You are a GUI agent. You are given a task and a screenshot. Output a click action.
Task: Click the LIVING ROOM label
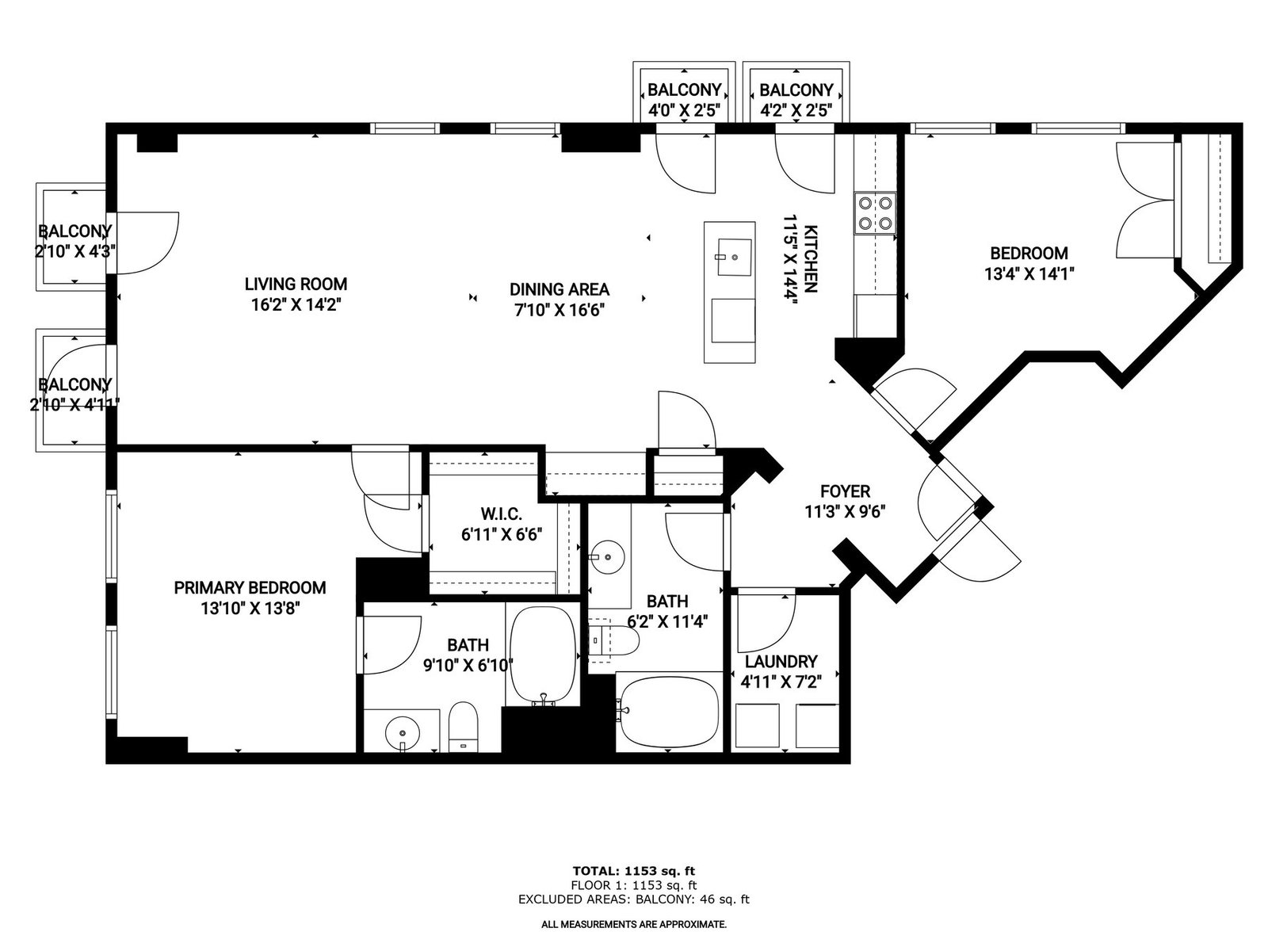coord(296,284)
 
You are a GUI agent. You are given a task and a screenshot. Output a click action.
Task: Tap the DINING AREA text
coord(560,289)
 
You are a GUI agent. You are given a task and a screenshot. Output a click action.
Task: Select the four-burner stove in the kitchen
coord(875,212)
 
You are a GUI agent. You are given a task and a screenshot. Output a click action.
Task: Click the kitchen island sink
coord(734,257)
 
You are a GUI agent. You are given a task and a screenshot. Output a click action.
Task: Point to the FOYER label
coord(845,491)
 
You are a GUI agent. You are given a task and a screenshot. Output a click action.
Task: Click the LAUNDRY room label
coord(781,662)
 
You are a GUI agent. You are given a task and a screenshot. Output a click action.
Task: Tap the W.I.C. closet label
coord(502,514)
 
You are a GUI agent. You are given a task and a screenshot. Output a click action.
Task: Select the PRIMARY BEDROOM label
coord(250,588)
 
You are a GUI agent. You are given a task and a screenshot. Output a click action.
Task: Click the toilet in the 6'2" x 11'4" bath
coord(614,640)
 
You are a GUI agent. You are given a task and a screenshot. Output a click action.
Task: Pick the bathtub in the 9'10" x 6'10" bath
coord(542,655)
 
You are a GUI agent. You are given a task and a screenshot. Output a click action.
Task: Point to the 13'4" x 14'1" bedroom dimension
coord(1029,273)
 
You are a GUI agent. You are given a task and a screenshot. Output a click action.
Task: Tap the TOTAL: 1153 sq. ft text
coord(634,871)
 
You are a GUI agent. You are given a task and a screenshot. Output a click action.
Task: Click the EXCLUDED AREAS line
coord(634,899)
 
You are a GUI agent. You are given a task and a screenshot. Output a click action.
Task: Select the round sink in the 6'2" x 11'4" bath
coord(608,557)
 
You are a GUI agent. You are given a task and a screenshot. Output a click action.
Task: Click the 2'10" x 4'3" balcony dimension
coord(75,252)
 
